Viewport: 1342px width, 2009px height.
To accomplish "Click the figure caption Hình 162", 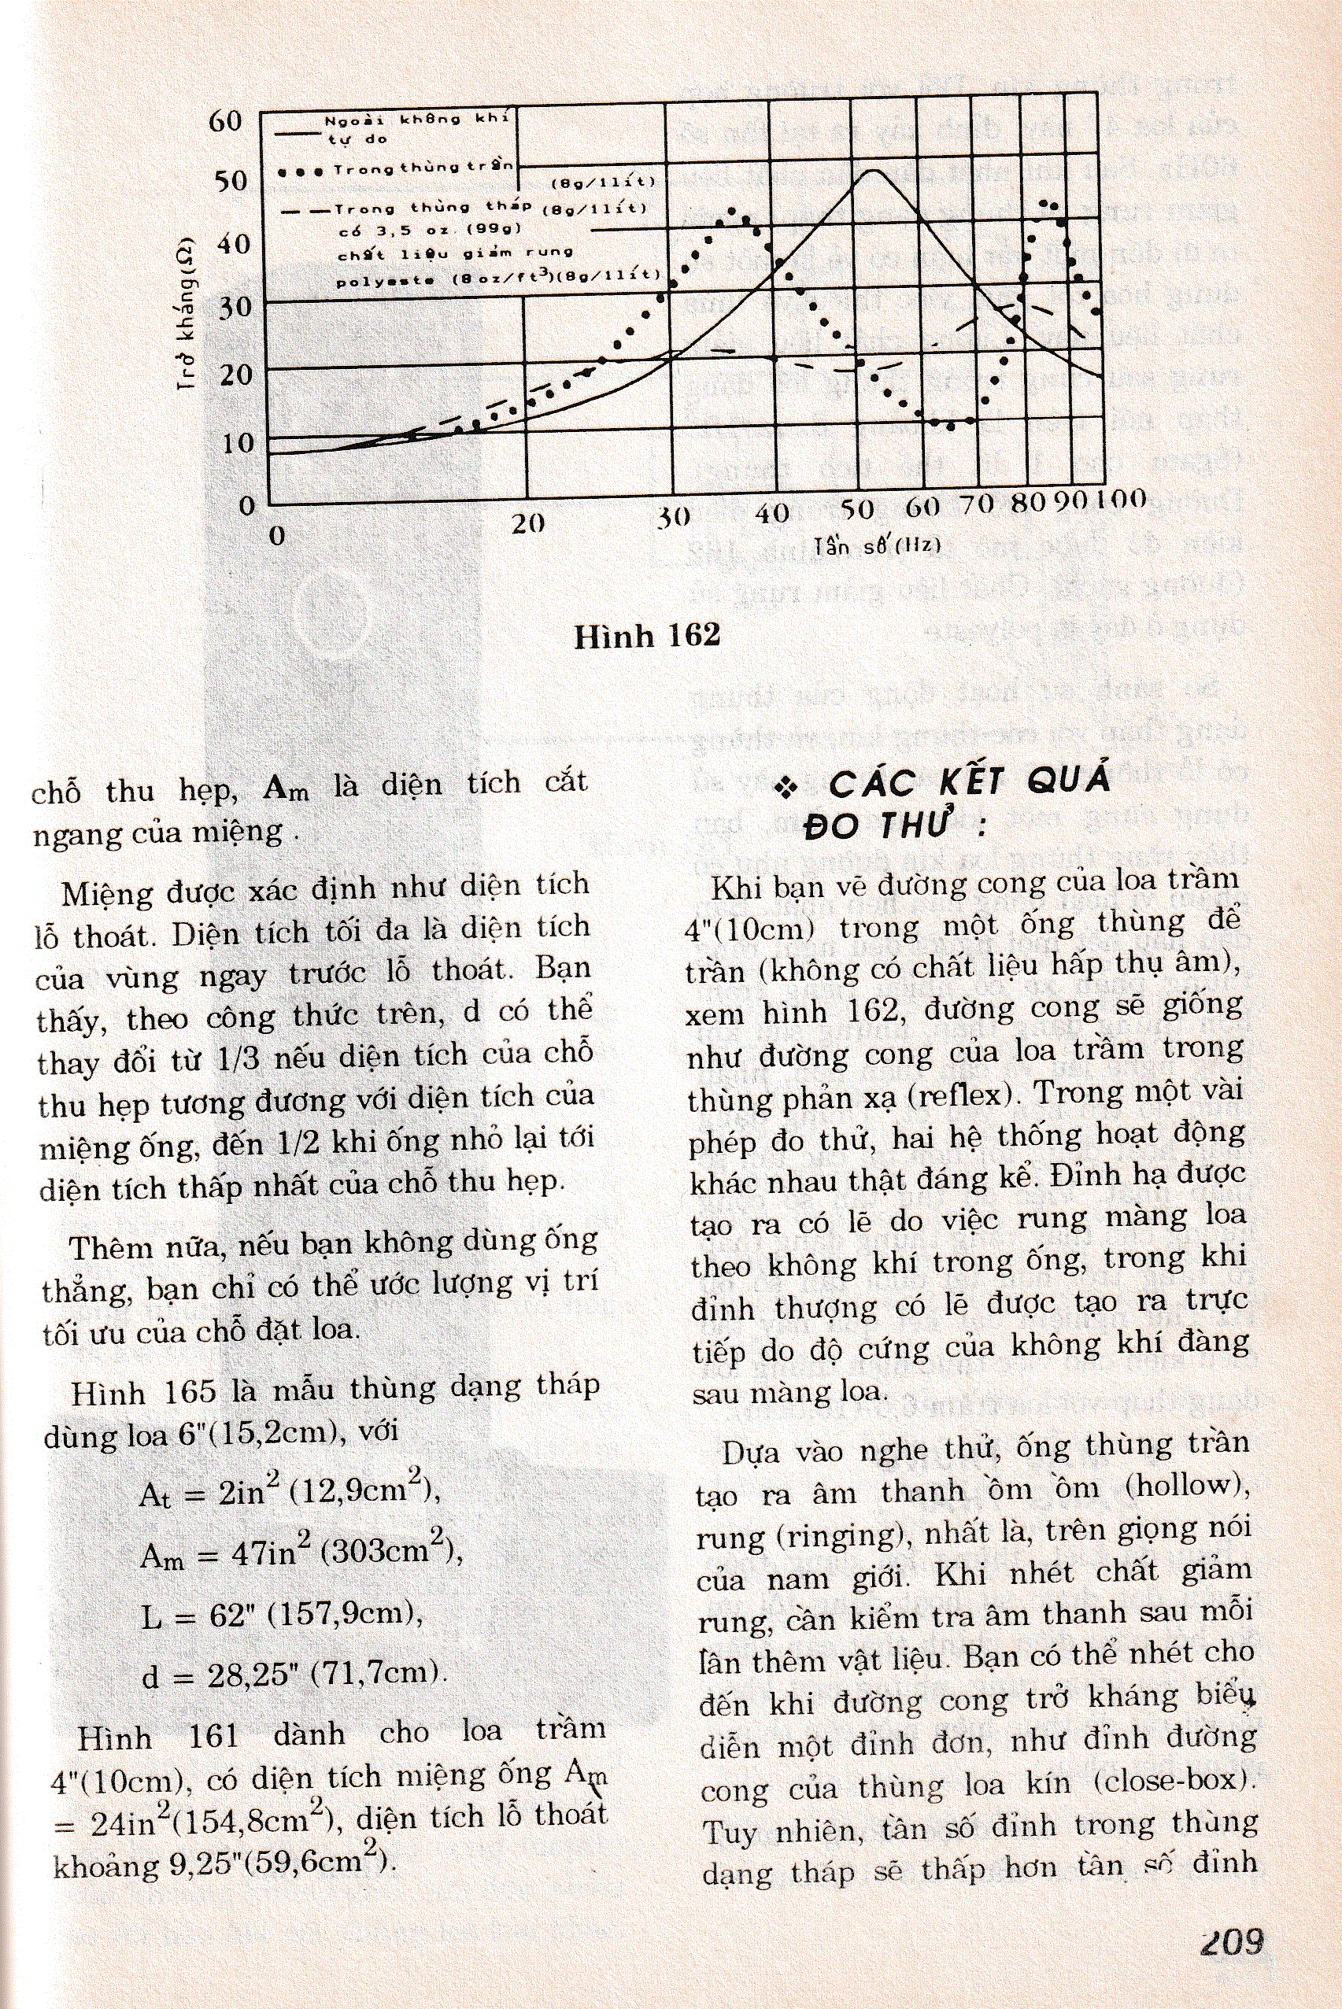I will point(647,636).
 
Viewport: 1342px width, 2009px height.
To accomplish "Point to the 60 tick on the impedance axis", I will point(226,120).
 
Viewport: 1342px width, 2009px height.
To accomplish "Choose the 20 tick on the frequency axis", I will point(528,523).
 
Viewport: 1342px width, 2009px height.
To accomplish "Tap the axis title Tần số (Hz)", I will point(878,545).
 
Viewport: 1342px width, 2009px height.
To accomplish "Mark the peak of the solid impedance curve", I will point(871,171).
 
